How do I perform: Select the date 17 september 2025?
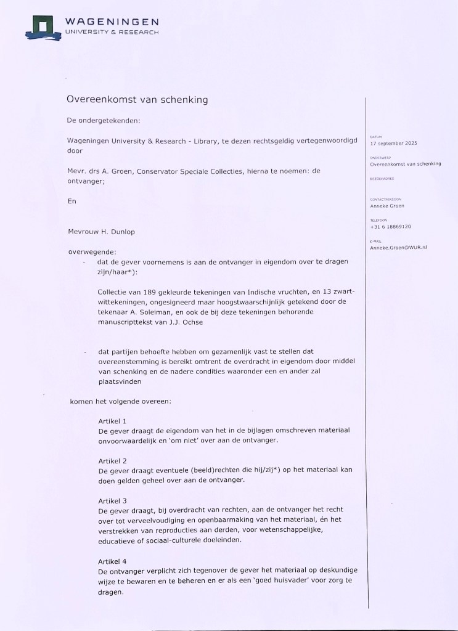[394, 143]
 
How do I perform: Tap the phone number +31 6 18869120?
[391, 226]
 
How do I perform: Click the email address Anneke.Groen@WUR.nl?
[399, 247]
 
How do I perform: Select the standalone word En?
[71, 202]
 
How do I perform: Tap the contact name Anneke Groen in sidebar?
[387, 206]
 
